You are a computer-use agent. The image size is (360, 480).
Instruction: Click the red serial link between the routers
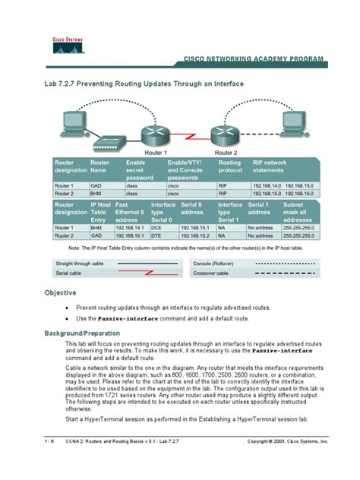191,138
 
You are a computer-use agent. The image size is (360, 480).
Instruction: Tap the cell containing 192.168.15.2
196,235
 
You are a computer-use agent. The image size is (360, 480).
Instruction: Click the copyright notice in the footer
287,441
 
